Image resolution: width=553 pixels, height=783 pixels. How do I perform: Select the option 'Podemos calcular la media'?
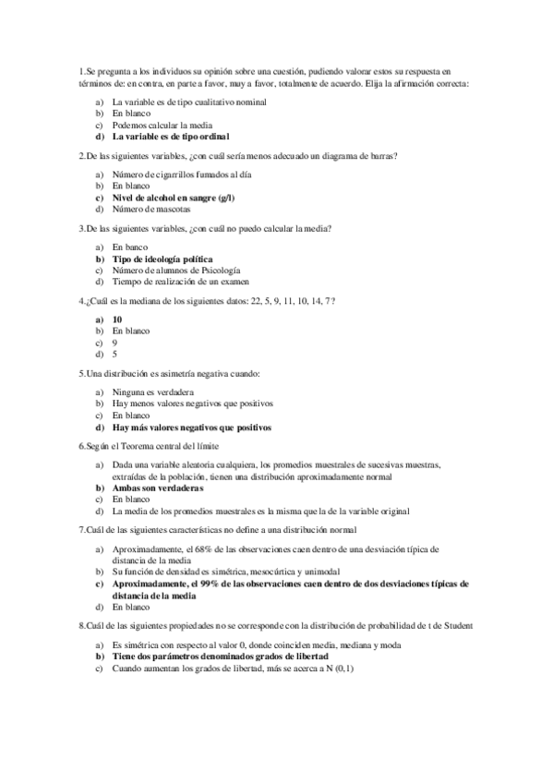click(162, 125)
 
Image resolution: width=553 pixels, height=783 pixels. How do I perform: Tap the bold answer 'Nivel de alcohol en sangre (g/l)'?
click(173, 198)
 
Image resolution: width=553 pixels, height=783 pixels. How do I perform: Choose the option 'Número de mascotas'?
click(151, 210)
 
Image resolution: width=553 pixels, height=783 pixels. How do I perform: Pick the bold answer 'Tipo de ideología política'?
click(162, 259)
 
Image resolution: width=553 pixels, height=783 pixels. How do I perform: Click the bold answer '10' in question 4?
click(117, 319)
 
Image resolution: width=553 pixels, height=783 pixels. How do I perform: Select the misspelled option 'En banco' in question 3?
click(129, 247)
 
